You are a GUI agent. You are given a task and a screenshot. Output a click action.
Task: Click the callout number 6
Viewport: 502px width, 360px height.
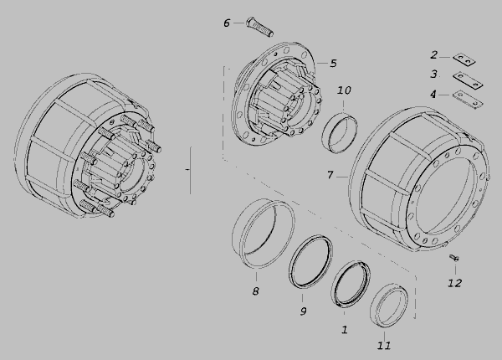(x=227, y=23)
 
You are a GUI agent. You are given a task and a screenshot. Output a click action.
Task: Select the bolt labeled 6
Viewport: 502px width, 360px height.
(x=259, y=27)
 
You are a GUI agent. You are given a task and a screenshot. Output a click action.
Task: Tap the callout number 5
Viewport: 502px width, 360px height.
(x=333, y=64)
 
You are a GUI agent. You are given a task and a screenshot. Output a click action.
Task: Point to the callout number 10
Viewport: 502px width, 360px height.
(x=344, y=90)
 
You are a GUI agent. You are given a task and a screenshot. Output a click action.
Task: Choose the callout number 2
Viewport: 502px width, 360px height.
(x=433, y=55)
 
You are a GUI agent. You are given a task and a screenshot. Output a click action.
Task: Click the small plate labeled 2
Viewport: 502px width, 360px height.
(x=464, y=60)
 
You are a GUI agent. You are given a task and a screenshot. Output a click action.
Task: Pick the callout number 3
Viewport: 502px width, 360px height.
(x=433, y=74)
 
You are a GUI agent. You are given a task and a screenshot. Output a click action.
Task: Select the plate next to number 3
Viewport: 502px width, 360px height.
(x=468, y=80)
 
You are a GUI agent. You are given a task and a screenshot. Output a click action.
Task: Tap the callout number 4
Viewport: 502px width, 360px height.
(x=433, y=95)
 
